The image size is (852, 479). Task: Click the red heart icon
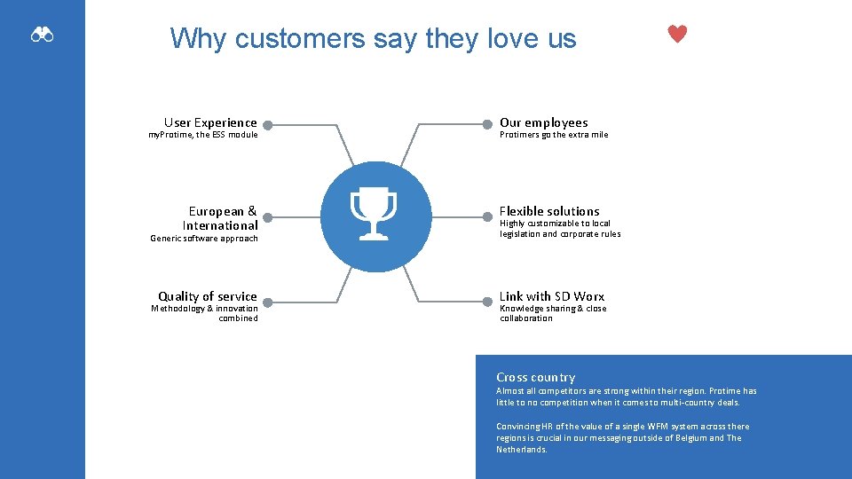point(677,35)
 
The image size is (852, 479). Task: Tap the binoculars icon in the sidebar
point(43,35)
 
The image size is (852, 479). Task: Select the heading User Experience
point(210,122)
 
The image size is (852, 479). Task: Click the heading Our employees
point(543,122)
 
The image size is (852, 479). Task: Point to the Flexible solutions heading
point(549,211)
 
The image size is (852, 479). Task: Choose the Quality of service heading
point(208,296)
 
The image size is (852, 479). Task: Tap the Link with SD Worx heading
point(552,296)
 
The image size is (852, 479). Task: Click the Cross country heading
point(535,377)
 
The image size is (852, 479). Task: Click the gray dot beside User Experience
point(267,125)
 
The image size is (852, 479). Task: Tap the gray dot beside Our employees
point(487,125)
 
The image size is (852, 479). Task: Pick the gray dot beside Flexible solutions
point(487,216)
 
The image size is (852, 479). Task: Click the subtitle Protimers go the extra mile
point(554,135)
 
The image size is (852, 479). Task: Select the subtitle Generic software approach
point(204,238)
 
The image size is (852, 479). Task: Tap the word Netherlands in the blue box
point(522,450)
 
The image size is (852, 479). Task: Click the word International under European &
point(220,225)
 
